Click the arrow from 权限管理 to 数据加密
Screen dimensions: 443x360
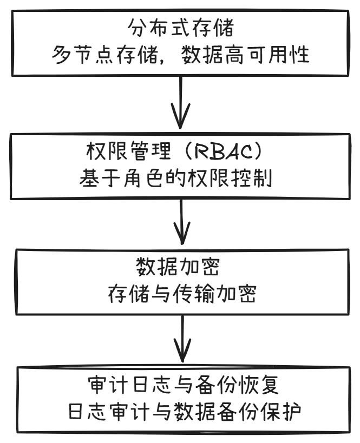(x=181, y=222)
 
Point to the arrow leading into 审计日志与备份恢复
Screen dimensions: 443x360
(x=181, y=340)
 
